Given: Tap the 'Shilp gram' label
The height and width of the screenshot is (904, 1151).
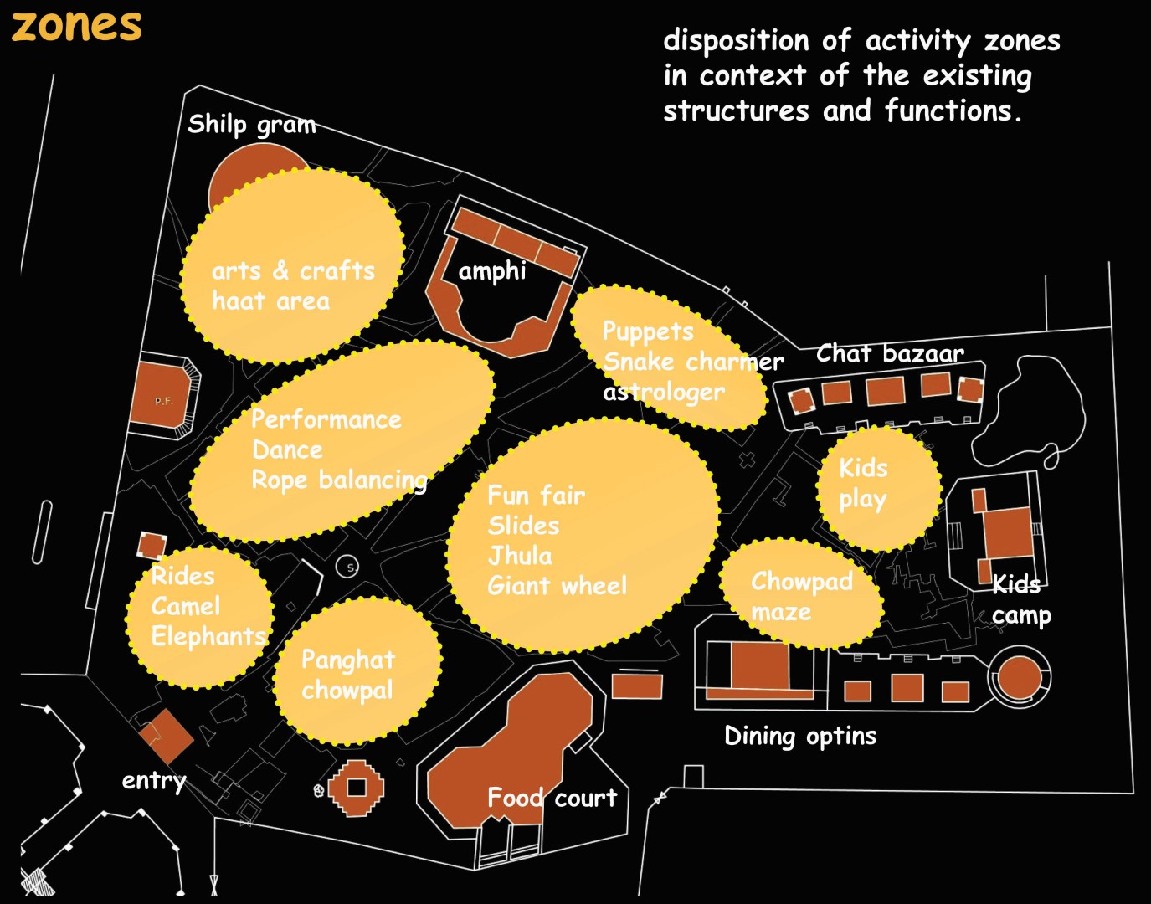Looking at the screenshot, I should pos(251,124).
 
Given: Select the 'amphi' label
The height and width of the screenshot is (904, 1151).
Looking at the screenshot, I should pos(492,271).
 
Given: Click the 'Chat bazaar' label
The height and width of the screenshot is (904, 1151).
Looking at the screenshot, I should pos(890,353).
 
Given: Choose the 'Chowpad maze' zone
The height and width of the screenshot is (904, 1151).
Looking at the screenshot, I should pos(801,595).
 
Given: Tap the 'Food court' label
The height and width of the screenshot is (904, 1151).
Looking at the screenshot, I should pos(552,798).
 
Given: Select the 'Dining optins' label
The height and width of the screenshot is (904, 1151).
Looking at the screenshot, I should pos(800,736).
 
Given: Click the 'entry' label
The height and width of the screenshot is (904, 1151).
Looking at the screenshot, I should pos(154,780).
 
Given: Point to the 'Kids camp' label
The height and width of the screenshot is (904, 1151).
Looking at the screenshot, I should pos(1020,599).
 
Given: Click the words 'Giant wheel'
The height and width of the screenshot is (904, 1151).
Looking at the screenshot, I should pos(557,586).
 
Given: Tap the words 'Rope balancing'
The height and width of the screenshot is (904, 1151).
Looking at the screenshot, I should pos(339,480).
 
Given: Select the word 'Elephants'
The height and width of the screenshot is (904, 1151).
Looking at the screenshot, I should pos(208,636).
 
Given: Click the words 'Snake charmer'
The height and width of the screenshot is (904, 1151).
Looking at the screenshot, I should pos(693,362).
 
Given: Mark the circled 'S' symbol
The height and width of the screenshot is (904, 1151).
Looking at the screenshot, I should pos(347,568).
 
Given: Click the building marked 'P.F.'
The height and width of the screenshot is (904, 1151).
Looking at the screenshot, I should pos(164,401).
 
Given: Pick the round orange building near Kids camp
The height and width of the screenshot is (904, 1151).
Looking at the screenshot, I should pos(1019,677).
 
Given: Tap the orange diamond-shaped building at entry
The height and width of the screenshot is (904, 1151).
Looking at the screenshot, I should pos(166,736).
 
